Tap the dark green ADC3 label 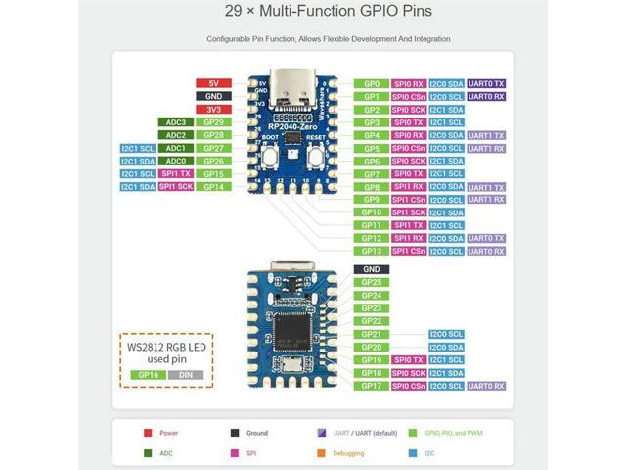click(x=175, y=122)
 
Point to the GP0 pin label click(x=371, y=84)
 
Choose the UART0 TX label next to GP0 click(x=486, y=84)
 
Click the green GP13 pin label click(x=371, y=251)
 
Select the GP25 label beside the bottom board click(x=371, y=282)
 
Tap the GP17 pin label click(x=371, y=386)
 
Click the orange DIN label click(x=185, y=374)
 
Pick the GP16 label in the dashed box click(x=148, y=374)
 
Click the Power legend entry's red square click(x=147, y=431)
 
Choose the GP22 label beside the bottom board click(x=371, y=321)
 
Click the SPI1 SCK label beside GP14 click(x=175, y=186)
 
